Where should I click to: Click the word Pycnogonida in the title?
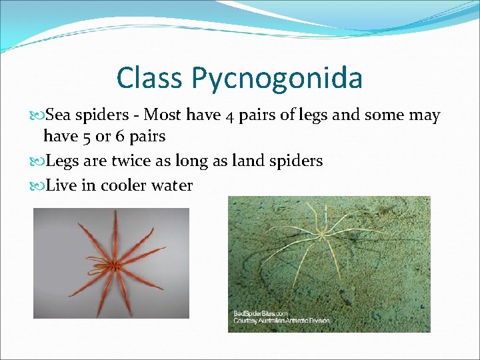click(277, 79)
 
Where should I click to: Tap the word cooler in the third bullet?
click(121, 185)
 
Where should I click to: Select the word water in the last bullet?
click(173, 185)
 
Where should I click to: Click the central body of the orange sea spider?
click(115, 265)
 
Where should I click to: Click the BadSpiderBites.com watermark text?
click(261, 313)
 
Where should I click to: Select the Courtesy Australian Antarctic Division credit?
click(281, 321)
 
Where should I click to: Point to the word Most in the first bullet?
click(164, 115)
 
